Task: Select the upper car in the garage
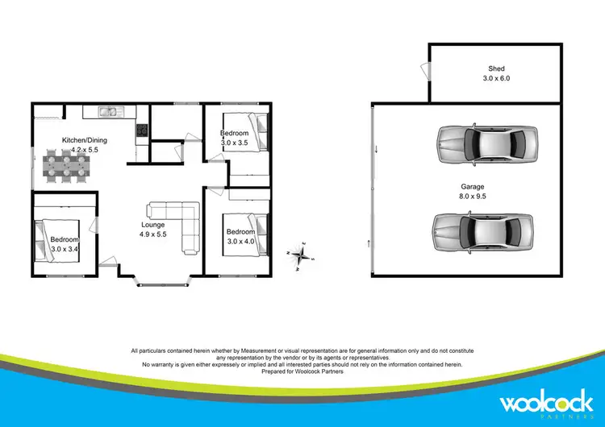486,145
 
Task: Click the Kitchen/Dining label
85,140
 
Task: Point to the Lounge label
152,225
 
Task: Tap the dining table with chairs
67,164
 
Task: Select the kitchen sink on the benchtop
108,110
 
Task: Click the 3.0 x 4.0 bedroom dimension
242,241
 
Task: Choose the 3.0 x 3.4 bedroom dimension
65,249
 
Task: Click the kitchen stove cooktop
142,129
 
